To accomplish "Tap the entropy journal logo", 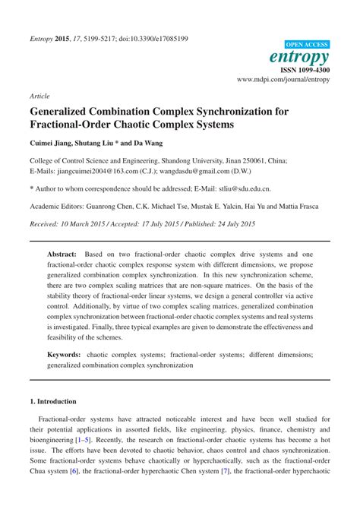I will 300,57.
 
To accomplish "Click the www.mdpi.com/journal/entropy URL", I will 283,78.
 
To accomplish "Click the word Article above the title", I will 39,97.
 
